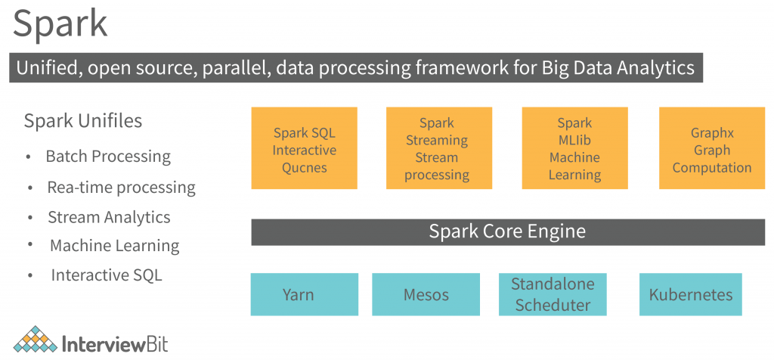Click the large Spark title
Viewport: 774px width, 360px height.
60,24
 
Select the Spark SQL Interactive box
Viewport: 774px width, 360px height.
304,148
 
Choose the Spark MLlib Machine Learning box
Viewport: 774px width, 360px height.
574,148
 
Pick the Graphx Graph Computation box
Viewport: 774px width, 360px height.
711,148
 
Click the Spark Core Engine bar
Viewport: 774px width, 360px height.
506,231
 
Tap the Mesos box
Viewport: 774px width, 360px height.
426,294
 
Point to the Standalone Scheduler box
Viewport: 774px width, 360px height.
552,294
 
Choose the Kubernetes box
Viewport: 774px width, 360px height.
690,294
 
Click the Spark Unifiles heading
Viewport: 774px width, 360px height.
82,121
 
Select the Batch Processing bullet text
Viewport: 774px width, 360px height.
108,157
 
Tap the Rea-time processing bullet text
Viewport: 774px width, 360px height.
121,187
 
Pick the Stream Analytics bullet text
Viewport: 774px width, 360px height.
109,217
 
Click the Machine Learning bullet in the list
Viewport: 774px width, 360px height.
114,246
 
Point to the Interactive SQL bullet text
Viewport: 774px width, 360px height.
106,275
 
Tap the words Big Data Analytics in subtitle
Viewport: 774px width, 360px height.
618,68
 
